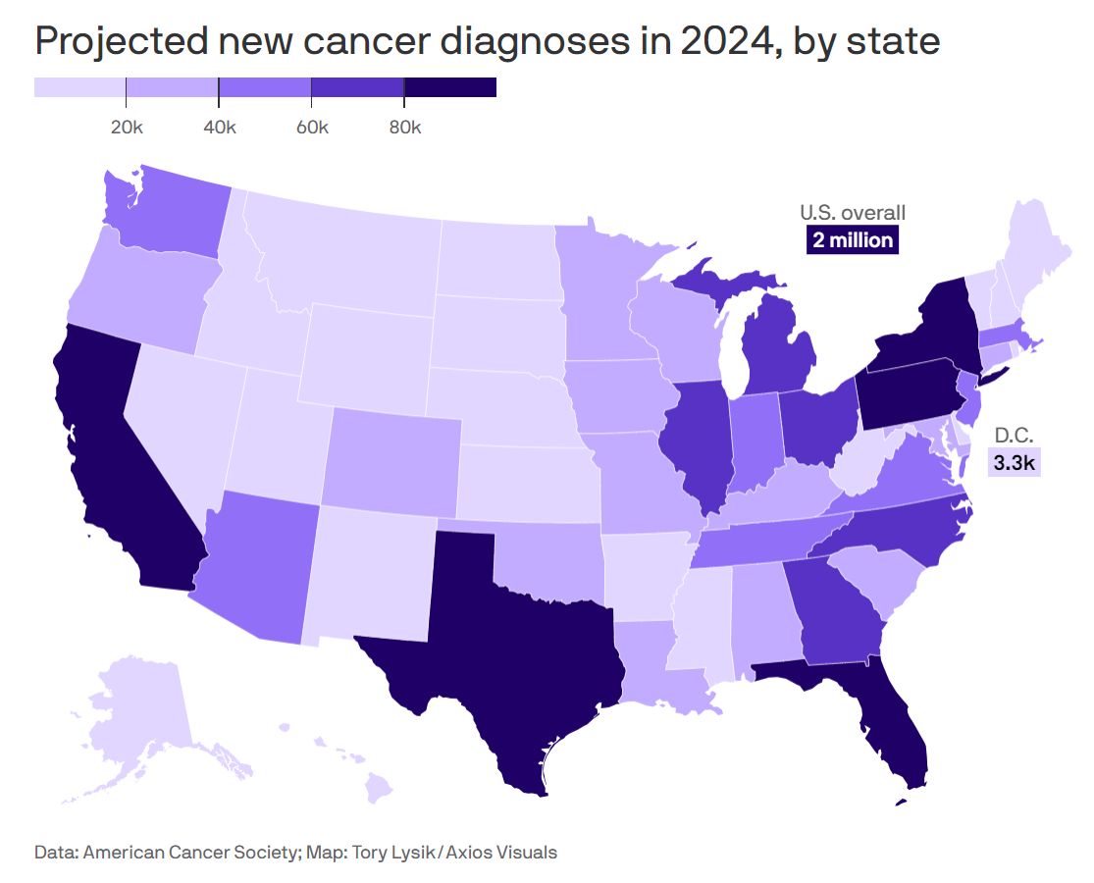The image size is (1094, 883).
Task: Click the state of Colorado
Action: [x=392, y=456]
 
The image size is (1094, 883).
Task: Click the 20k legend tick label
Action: [x=126, y=129]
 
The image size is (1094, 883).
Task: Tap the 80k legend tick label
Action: [x=403, y=129]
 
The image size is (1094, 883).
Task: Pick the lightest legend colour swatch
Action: [x=79, y=87]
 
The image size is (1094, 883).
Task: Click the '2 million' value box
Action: [x=853, y=239]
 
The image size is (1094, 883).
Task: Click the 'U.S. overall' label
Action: [x=853, y=212]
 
